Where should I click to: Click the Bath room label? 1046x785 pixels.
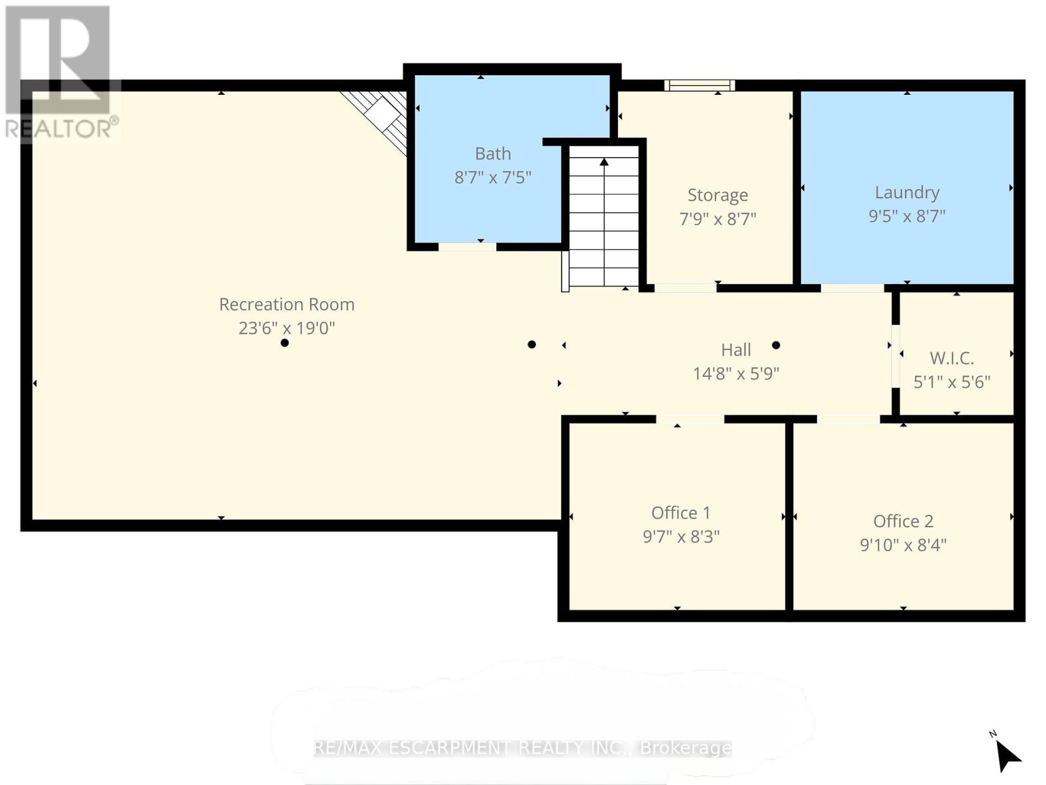click(492, 154)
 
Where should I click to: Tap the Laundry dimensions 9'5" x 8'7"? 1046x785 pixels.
click(907, 216)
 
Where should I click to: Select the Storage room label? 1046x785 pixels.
click(717, 195)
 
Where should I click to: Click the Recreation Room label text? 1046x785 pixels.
click(286, 304)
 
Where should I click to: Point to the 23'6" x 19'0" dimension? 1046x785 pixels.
click(286, 328)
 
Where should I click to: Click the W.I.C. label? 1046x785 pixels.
click(952, 358)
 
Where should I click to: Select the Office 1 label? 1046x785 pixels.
click(681, 513)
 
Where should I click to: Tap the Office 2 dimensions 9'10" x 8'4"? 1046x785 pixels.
click(903, 545)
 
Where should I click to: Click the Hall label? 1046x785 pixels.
click(735, 350)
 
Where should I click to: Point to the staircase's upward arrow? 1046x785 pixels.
click(604, 162)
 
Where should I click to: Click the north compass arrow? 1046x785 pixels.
click(1007, 756)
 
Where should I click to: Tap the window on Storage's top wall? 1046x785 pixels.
click(700, 85)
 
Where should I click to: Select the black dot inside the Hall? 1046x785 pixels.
click(776, 345)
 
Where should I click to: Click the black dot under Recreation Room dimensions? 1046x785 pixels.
click(284, 343)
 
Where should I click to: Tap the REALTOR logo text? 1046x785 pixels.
click(62, 128)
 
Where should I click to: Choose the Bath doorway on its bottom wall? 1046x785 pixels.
click(467, 247)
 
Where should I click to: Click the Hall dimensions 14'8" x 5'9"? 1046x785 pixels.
click(735, 374)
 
